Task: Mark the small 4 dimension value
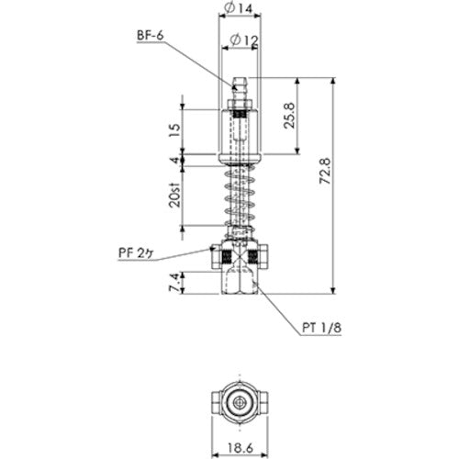(x=175, y=162)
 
